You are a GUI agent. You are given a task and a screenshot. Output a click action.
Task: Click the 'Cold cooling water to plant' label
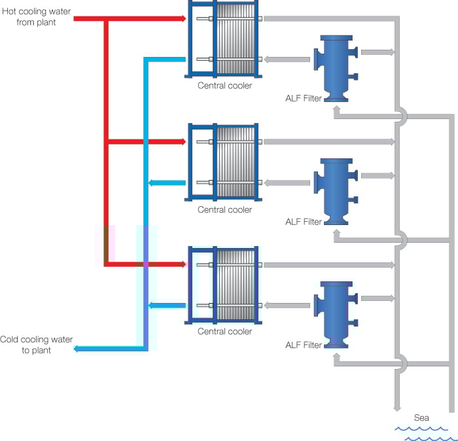pyautogui.click(x=36, y=345)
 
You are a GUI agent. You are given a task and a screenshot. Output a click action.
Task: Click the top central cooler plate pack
pyautogui.click(x=236, y=39)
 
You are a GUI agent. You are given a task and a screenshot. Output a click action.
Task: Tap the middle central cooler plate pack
pyautogui.click(x=236, y=162)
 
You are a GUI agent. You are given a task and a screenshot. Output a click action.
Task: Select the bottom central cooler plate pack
pyautogui.click(x=236, y=285)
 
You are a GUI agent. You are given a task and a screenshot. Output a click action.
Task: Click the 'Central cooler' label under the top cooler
pyautogui.click(x=224, y=86)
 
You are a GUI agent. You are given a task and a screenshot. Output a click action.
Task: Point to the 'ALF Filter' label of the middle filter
pyautogui.click(x=304, y=222)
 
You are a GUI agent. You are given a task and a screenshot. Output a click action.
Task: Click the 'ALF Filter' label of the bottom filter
pyautogui.click(x=304, y=345)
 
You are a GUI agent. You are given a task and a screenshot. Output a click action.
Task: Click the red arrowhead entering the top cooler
pyautogui.click(x=183, y=19)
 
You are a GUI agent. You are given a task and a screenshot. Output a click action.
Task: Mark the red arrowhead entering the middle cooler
pyautogui.click(x=183, y=141)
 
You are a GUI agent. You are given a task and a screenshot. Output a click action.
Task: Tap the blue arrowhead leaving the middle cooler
pyautogui.click(x=152, y=183)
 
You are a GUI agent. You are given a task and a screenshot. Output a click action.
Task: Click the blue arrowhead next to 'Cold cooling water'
pyautogui.click(x=77, y=349)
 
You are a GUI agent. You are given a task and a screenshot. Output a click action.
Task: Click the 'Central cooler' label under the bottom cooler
pyautogui.click(x=224, y=332)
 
